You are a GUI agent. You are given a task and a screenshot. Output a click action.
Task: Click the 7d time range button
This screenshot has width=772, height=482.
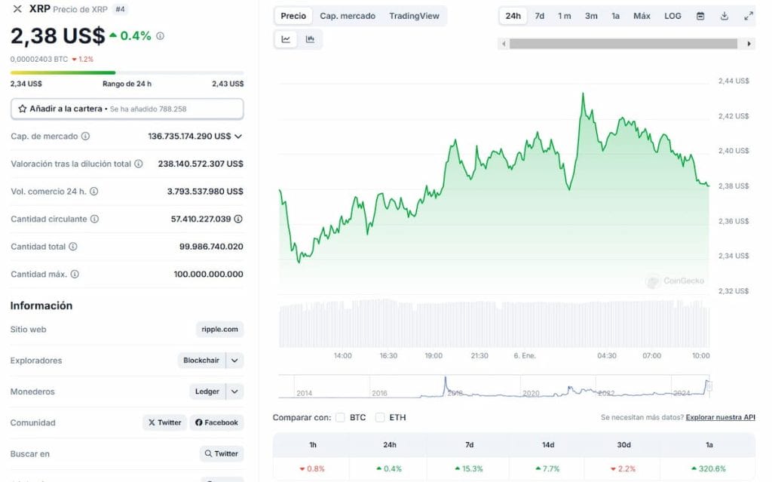click(540, 16)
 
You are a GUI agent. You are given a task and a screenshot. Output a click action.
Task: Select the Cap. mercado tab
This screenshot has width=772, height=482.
click(348, 16)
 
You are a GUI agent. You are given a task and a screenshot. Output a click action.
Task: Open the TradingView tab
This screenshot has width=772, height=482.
click(414, 16)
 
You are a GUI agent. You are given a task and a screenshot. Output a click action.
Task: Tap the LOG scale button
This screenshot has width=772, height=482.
click(672, 16)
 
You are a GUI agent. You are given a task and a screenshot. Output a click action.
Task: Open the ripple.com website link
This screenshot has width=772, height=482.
click(220, 330)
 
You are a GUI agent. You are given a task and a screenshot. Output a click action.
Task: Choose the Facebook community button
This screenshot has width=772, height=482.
click(217, 422)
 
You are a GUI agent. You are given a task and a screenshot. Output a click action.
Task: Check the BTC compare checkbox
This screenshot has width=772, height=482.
click(341, 417)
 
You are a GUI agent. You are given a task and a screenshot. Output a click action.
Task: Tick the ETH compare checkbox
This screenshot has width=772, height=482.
click(380, 417)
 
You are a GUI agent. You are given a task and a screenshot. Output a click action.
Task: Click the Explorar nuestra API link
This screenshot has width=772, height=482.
click(720, 417)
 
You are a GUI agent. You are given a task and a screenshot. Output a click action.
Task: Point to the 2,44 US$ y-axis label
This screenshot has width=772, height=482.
click(733, 81)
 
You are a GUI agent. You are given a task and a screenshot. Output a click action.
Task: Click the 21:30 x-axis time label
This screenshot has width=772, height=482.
click(479, 355)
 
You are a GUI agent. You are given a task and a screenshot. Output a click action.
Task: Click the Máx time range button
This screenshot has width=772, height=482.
click(642, 16)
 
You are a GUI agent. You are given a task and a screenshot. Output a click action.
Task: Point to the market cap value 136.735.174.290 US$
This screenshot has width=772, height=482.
click(189, 137)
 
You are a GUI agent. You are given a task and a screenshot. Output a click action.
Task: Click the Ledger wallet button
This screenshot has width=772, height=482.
click(207, 391)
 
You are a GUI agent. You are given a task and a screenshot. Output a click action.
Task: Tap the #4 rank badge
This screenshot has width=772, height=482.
click(121, 9)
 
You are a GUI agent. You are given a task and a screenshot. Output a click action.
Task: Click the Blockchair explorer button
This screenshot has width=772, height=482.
click(201, 361)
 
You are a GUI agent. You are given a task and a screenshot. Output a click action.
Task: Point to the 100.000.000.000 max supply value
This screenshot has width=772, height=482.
click(208, 275)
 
